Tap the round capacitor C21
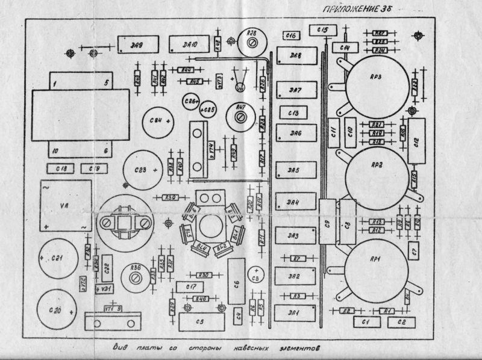pyautogui.click(x=57, y=259)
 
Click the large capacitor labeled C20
pyautogui.click(x=57, y=311)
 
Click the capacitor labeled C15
pyautogui.click(x=321, y=30)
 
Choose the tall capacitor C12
pyautogui.click(x=416, y=141)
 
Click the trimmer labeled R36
pyautogui.click(x=135, y=276)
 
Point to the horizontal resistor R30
pyautogui.click(x=204, y=275)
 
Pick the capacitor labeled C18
pyautogui.click(x=61, y=168)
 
